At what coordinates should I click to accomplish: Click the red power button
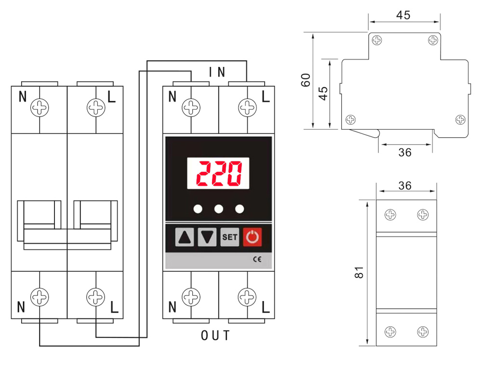tap(253, 237)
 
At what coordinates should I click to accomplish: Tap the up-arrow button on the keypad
tap(185, 237)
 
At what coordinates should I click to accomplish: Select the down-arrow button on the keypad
tap(207, 237)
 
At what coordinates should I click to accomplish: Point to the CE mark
tap(257, 260)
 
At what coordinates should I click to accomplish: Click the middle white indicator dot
tap(219, 209)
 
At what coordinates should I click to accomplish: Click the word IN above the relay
tap(217, 72)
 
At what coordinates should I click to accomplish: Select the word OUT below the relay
tap(215, 335)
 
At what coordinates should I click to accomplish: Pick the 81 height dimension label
tap(359, 273)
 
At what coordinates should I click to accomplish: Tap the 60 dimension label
tap(306, 80)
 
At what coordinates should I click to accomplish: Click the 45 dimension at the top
tap(403, 15)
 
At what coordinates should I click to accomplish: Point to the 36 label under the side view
tap(405, 152)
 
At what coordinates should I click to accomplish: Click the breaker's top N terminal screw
tap(40, 108)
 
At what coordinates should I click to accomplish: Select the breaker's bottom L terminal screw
tap(95, 297)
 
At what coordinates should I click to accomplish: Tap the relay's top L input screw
tap(247, 108)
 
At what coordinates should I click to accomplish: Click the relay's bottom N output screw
tap(191, 297)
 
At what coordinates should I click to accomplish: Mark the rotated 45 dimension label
tap(323, 93)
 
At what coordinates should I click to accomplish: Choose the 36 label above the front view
tap(405, 185)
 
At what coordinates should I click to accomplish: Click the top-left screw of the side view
tap(377, 40)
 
